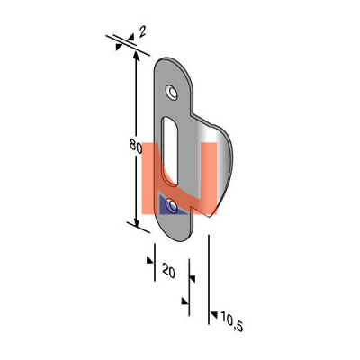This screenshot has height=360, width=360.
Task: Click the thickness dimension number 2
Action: click(x=142, y=31)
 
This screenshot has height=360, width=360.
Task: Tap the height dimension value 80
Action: click(x=136, y=146)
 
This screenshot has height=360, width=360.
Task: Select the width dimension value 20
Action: click(x=168, y=270)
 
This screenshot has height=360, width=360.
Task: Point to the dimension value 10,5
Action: click(x=231, y=321)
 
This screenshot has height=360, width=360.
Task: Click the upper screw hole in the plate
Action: click(x=172, y=93)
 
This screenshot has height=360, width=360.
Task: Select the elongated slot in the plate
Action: click(x=170, y=151)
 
